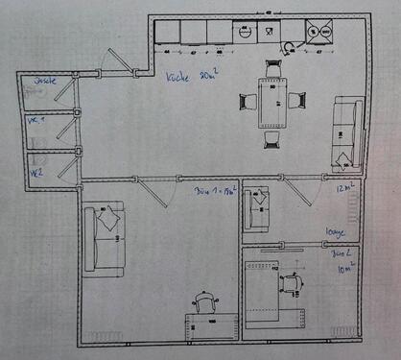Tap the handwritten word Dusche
(x=45, y=81)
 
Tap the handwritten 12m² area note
(x=346, y=189)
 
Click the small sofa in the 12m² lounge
(x=257, y=210)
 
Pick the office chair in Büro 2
(x=293, y=280)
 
